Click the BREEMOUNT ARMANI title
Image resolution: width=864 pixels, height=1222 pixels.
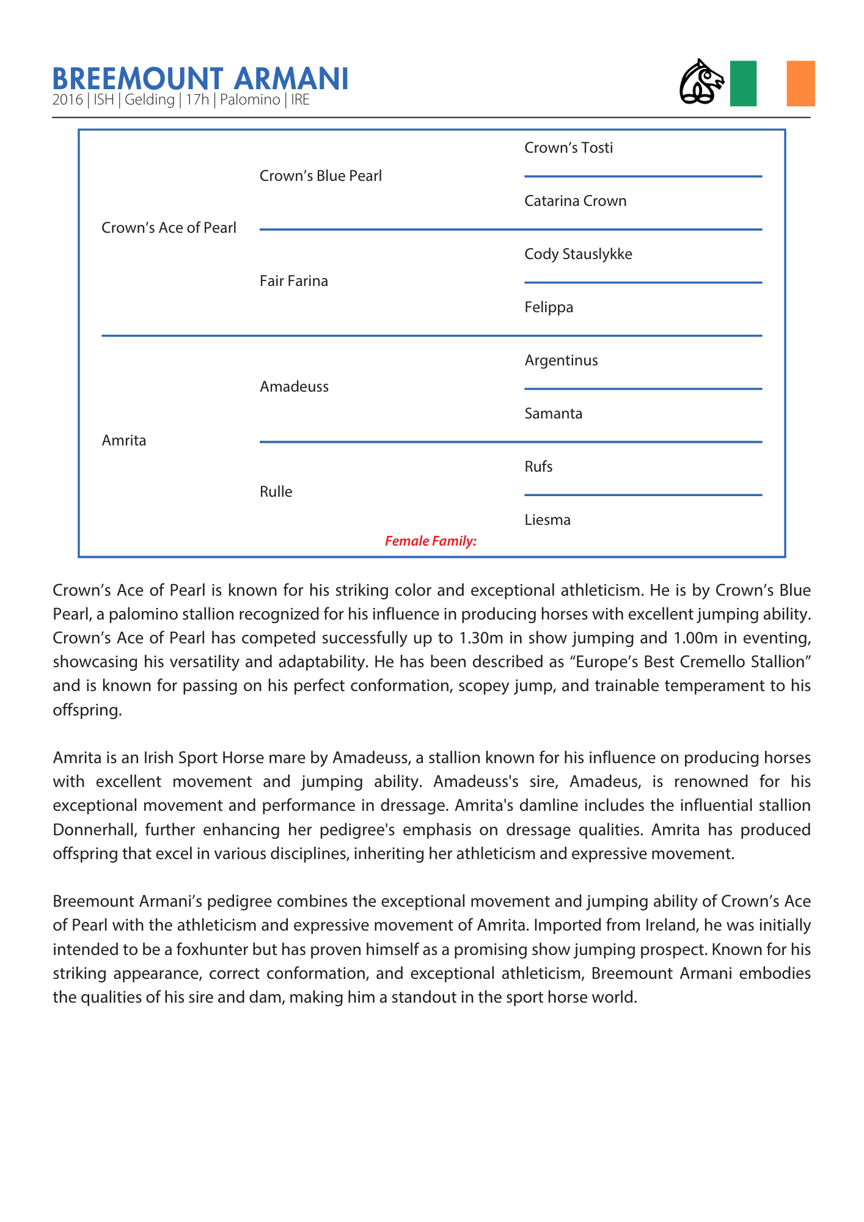(200, 79)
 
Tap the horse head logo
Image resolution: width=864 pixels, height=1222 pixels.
(701, 82)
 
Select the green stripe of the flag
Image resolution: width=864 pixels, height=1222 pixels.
(743, 84)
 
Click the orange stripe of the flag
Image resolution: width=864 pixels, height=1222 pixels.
(800, 84)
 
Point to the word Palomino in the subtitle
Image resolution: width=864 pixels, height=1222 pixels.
(250, 100)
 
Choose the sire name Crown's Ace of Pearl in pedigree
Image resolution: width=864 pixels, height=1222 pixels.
(169, 228)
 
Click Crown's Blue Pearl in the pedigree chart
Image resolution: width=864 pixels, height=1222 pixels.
(321, 176)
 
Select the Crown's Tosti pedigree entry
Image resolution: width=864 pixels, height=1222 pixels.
(568, 148)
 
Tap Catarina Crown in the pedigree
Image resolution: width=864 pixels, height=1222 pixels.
(575, 201)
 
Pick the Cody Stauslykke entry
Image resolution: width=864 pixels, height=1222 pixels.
(578, 254)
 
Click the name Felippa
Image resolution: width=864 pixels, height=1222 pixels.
(549, 307)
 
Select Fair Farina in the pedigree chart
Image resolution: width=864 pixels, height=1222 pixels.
(294, 281)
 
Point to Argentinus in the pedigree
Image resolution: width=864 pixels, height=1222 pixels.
(561, 360)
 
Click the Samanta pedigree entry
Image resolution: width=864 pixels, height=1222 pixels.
(553, 414)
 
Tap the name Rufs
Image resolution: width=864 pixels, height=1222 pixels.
(538, 467)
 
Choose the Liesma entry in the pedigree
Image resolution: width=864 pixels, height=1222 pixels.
(547, 520)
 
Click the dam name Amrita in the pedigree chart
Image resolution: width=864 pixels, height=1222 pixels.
(124, 441)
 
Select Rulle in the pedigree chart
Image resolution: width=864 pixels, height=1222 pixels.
(276, 492)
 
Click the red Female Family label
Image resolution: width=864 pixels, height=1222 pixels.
(431, 541)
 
